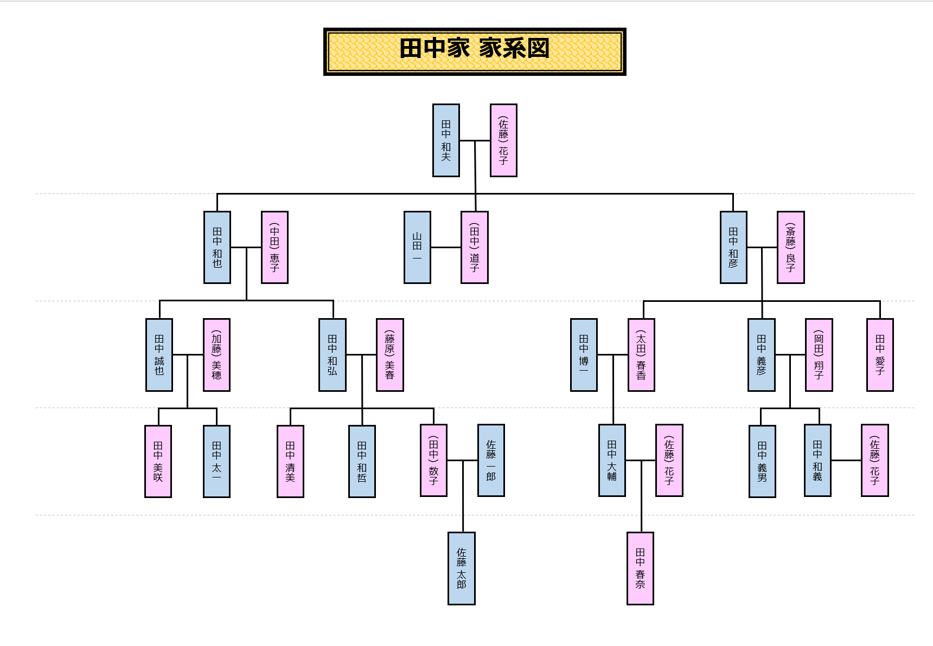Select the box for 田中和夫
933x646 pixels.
(446, 140)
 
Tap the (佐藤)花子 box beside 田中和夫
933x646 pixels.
(503, 140)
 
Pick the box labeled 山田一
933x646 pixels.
(417, 247)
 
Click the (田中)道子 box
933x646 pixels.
(475, 247)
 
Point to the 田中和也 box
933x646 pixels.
(217, 247)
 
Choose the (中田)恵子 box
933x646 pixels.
(274, 247)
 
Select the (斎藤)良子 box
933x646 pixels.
(790, 247)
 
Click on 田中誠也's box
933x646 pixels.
(159, 354)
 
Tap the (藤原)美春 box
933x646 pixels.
(389, 354)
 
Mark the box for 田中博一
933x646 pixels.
(584, 354)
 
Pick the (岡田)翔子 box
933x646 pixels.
(819, 354)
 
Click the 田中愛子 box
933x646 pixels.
(880, 354)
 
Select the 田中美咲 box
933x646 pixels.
(158, 461)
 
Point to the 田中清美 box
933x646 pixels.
(290, 461)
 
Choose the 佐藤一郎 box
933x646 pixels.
(491, 460)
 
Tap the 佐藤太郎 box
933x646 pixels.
(461, 568)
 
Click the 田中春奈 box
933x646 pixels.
(640, 568)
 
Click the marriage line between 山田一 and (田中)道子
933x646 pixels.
(446, 247)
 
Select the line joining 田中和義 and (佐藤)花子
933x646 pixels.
(846, 460)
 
